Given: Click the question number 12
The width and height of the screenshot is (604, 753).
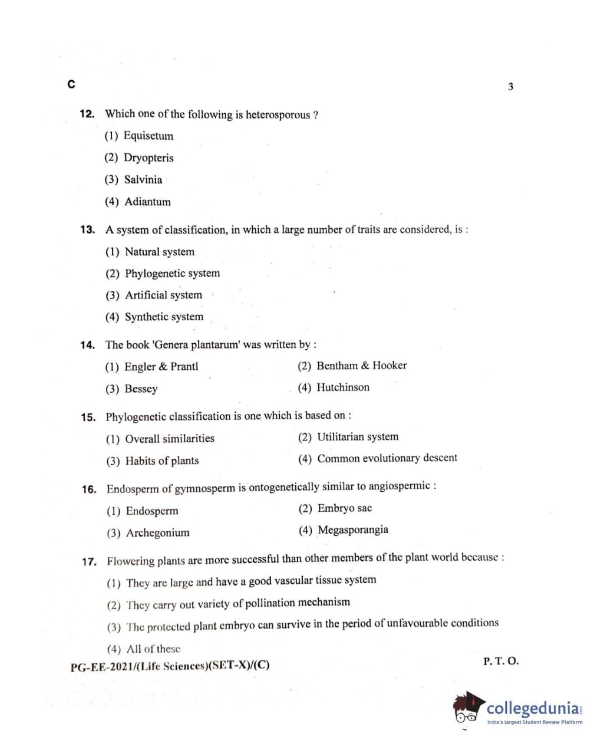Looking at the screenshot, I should pyautogui.click(x=87, y=114).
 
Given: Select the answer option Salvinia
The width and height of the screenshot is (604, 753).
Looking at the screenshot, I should pyautogui.click(x=143, y=180).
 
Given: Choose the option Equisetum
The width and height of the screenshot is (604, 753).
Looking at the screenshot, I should pyautogui.click(x=148, y=136).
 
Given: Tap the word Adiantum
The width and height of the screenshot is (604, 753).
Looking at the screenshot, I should pyautogui.click(x=147, y=202).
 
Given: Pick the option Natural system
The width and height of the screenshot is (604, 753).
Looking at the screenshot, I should pyautogui.click(x=159, y=252).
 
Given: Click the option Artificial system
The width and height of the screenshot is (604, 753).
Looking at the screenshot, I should pyautogui.click(x=163, y=295).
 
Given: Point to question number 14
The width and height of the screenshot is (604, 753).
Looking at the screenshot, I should pyautogui.click(x=88, y=345).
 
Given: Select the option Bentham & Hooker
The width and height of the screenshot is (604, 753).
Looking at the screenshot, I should pyautogui.click(x=361, y=366).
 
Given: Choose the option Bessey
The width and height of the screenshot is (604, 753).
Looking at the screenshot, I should pyautogui.click(x=141, y=389).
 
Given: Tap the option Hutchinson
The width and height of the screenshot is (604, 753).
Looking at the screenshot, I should pyautogui.click(x=343, y=387).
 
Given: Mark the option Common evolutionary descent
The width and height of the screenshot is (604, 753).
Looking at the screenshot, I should pyautogui.click(x=387, y=458).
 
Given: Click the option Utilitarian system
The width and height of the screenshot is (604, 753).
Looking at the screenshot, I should pyautogui.click(x=357, y=437).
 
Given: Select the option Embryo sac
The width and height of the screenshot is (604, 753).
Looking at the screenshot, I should pyautogui.click(x=344, y=508).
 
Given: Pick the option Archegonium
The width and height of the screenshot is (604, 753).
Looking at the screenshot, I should pyautogui.click(x=157, y=533).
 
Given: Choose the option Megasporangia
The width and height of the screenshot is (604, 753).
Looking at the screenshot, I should pyautogui.click(x=352, y=530).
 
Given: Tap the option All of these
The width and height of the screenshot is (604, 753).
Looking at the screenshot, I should pyautogui.click(x=153, y=649).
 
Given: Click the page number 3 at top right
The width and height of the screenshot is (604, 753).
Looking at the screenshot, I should pyautogui.click(x=510, y=87).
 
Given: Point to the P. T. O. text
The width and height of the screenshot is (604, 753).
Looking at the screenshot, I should pyautogui.click(x=501, y=661).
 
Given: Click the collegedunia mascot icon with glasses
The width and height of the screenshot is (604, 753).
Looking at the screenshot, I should pyautogui.click(x=468, y=708).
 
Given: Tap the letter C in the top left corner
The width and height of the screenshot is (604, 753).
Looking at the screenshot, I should pyautogui.click(x=71, y=84).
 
